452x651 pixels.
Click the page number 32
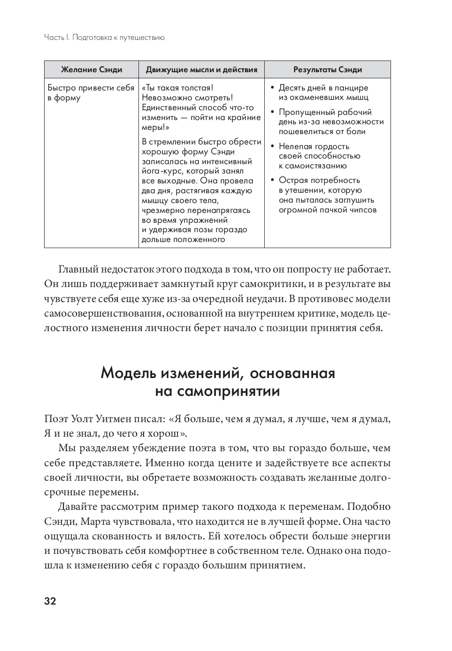click(50, 601)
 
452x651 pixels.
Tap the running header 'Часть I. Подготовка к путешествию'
click(104, 37)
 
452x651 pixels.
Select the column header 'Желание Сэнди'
click(92, 70)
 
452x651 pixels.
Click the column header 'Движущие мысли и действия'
click(201, 70)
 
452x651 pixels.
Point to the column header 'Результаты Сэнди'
click(328, 70)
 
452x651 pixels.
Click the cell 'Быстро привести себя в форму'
click(91, 93)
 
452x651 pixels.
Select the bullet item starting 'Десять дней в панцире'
click(323, 93)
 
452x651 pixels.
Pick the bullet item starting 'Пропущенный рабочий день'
click(331, 122)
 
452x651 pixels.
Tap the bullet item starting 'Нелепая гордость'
click(320, 156)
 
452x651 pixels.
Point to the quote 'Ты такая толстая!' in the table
click(179, 88)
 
